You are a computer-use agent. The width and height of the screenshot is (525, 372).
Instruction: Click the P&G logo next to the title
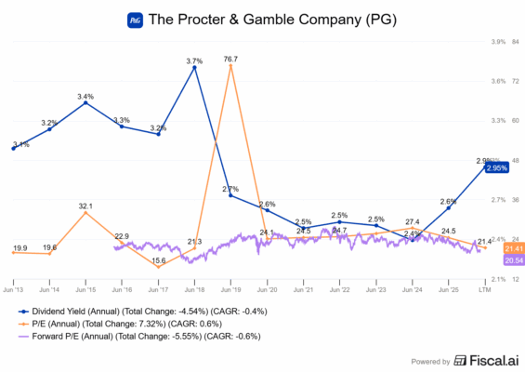[x=134, y=19]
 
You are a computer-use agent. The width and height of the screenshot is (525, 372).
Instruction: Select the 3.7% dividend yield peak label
[x=194, y=61]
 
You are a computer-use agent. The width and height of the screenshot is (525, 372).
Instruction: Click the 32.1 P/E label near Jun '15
[x=86, y=206]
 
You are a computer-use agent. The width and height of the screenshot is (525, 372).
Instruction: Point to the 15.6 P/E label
[x=158, y=260]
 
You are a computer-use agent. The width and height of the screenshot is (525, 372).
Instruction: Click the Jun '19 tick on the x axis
[x=230, y=291]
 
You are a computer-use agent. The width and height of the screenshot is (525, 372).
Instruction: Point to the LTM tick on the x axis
[x=484, y=291]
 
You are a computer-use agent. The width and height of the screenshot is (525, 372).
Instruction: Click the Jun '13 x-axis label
[x=14, y=291]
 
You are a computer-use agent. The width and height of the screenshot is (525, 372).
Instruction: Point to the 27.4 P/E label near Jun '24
[x=413, y=222]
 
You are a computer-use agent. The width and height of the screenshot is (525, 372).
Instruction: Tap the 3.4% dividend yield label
[x=85, y=97]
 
